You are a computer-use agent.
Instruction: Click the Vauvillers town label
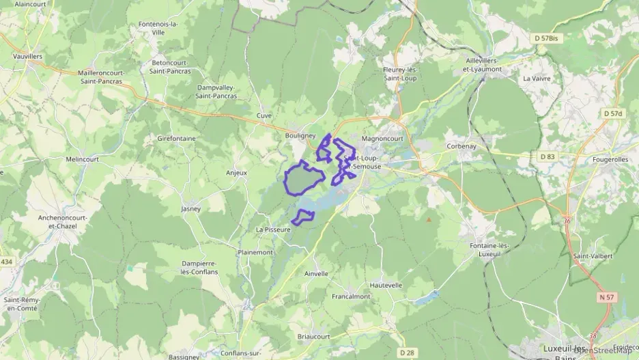pos(28,56)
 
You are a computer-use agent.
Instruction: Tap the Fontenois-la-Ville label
pos(158,28)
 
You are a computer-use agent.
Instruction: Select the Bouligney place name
pos(300,136)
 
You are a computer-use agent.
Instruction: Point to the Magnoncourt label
pos(382,139)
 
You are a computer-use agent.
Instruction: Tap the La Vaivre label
pos(536,79)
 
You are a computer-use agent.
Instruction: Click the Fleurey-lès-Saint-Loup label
pos(401,73)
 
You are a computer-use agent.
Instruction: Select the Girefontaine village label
pos(176,139)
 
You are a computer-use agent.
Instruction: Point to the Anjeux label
pos(236,173)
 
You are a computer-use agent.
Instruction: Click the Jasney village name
pos(190,209)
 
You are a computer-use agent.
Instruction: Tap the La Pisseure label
pos(274,230)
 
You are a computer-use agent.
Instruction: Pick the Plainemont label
pos(255,252)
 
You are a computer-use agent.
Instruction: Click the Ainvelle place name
pos(316,274)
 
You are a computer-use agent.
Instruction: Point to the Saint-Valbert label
pos(593,256)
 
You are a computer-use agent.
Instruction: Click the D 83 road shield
pos(548,157)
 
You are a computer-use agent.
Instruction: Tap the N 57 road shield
pos(607,297)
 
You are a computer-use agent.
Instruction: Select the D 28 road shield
pos(407,352)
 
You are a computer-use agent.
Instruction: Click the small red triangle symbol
pos(429,220)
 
